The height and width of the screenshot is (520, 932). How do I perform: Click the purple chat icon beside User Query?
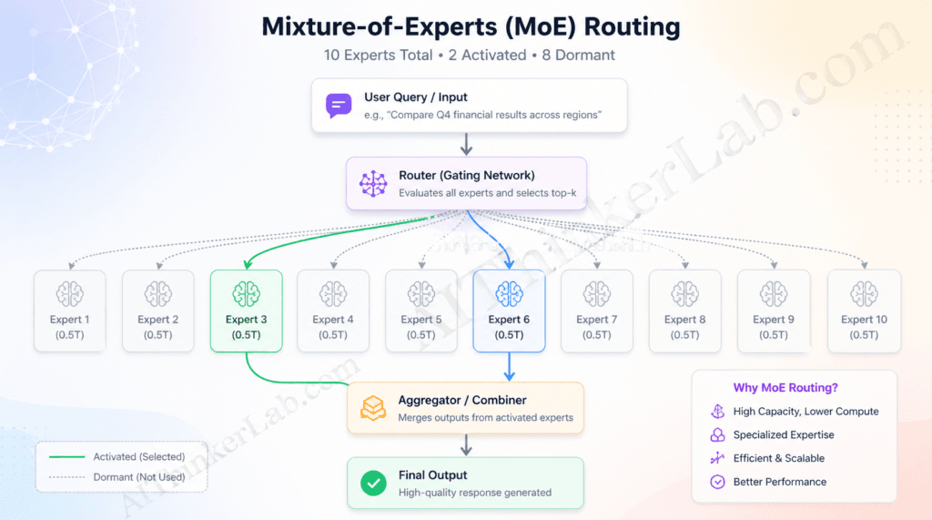point(339,106)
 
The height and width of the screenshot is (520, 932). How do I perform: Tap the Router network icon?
point(373,184)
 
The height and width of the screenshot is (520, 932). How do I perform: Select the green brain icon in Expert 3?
point(246,293)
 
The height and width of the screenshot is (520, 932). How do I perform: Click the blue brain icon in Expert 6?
point(509,293)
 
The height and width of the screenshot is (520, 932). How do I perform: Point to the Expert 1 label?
point(70,320)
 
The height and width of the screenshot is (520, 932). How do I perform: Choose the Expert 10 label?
point(864,320)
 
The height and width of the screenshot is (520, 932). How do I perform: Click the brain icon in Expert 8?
point(684,293)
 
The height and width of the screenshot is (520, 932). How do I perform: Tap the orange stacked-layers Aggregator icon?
point(373,408)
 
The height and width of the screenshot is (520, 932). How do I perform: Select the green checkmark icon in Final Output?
point(373,484)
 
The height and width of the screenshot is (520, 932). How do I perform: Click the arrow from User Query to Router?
point(466,144)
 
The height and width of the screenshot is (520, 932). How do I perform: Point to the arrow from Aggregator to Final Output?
point(466,444)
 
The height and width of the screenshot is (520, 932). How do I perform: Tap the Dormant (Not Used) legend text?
point(138,476)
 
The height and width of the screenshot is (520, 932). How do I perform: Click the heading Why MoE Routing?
point(782,387)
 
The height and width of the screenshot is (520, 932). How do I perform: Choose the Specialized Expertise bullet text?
point(784,434)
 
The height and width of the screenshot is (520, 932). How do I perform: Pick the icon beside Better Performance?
point(717,482)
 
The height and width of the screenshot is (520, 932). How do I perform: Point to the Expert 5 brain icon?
point(420,293)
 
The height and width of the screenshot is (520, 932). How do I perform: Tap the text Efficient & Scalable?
point(779,458)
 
